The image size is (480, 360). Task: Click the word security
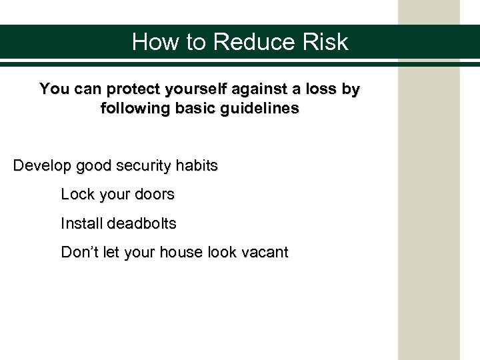point(141,166)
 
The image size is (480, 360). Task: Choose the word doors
point(155,195)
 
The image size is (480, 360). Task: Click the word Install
point(80,224)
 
